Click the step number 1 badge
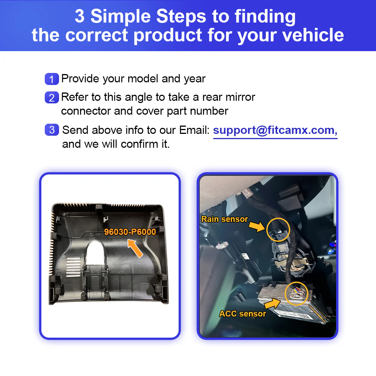coord(52,79)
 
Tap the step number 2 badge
coord(52,98)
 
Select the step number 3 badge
coord(52,130)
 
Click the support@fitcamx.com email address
coord(275,130)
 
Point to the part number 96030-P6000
coord(130,232)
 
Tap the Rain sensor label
coord(224,219)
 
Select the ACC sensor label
coord(243,314)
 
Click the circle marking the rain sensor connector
coord(278,230)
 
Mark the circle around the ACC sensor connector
coord(297,293)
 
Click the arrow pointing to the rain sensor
coord(257,227)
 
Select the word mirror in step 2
coord(239,97)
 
